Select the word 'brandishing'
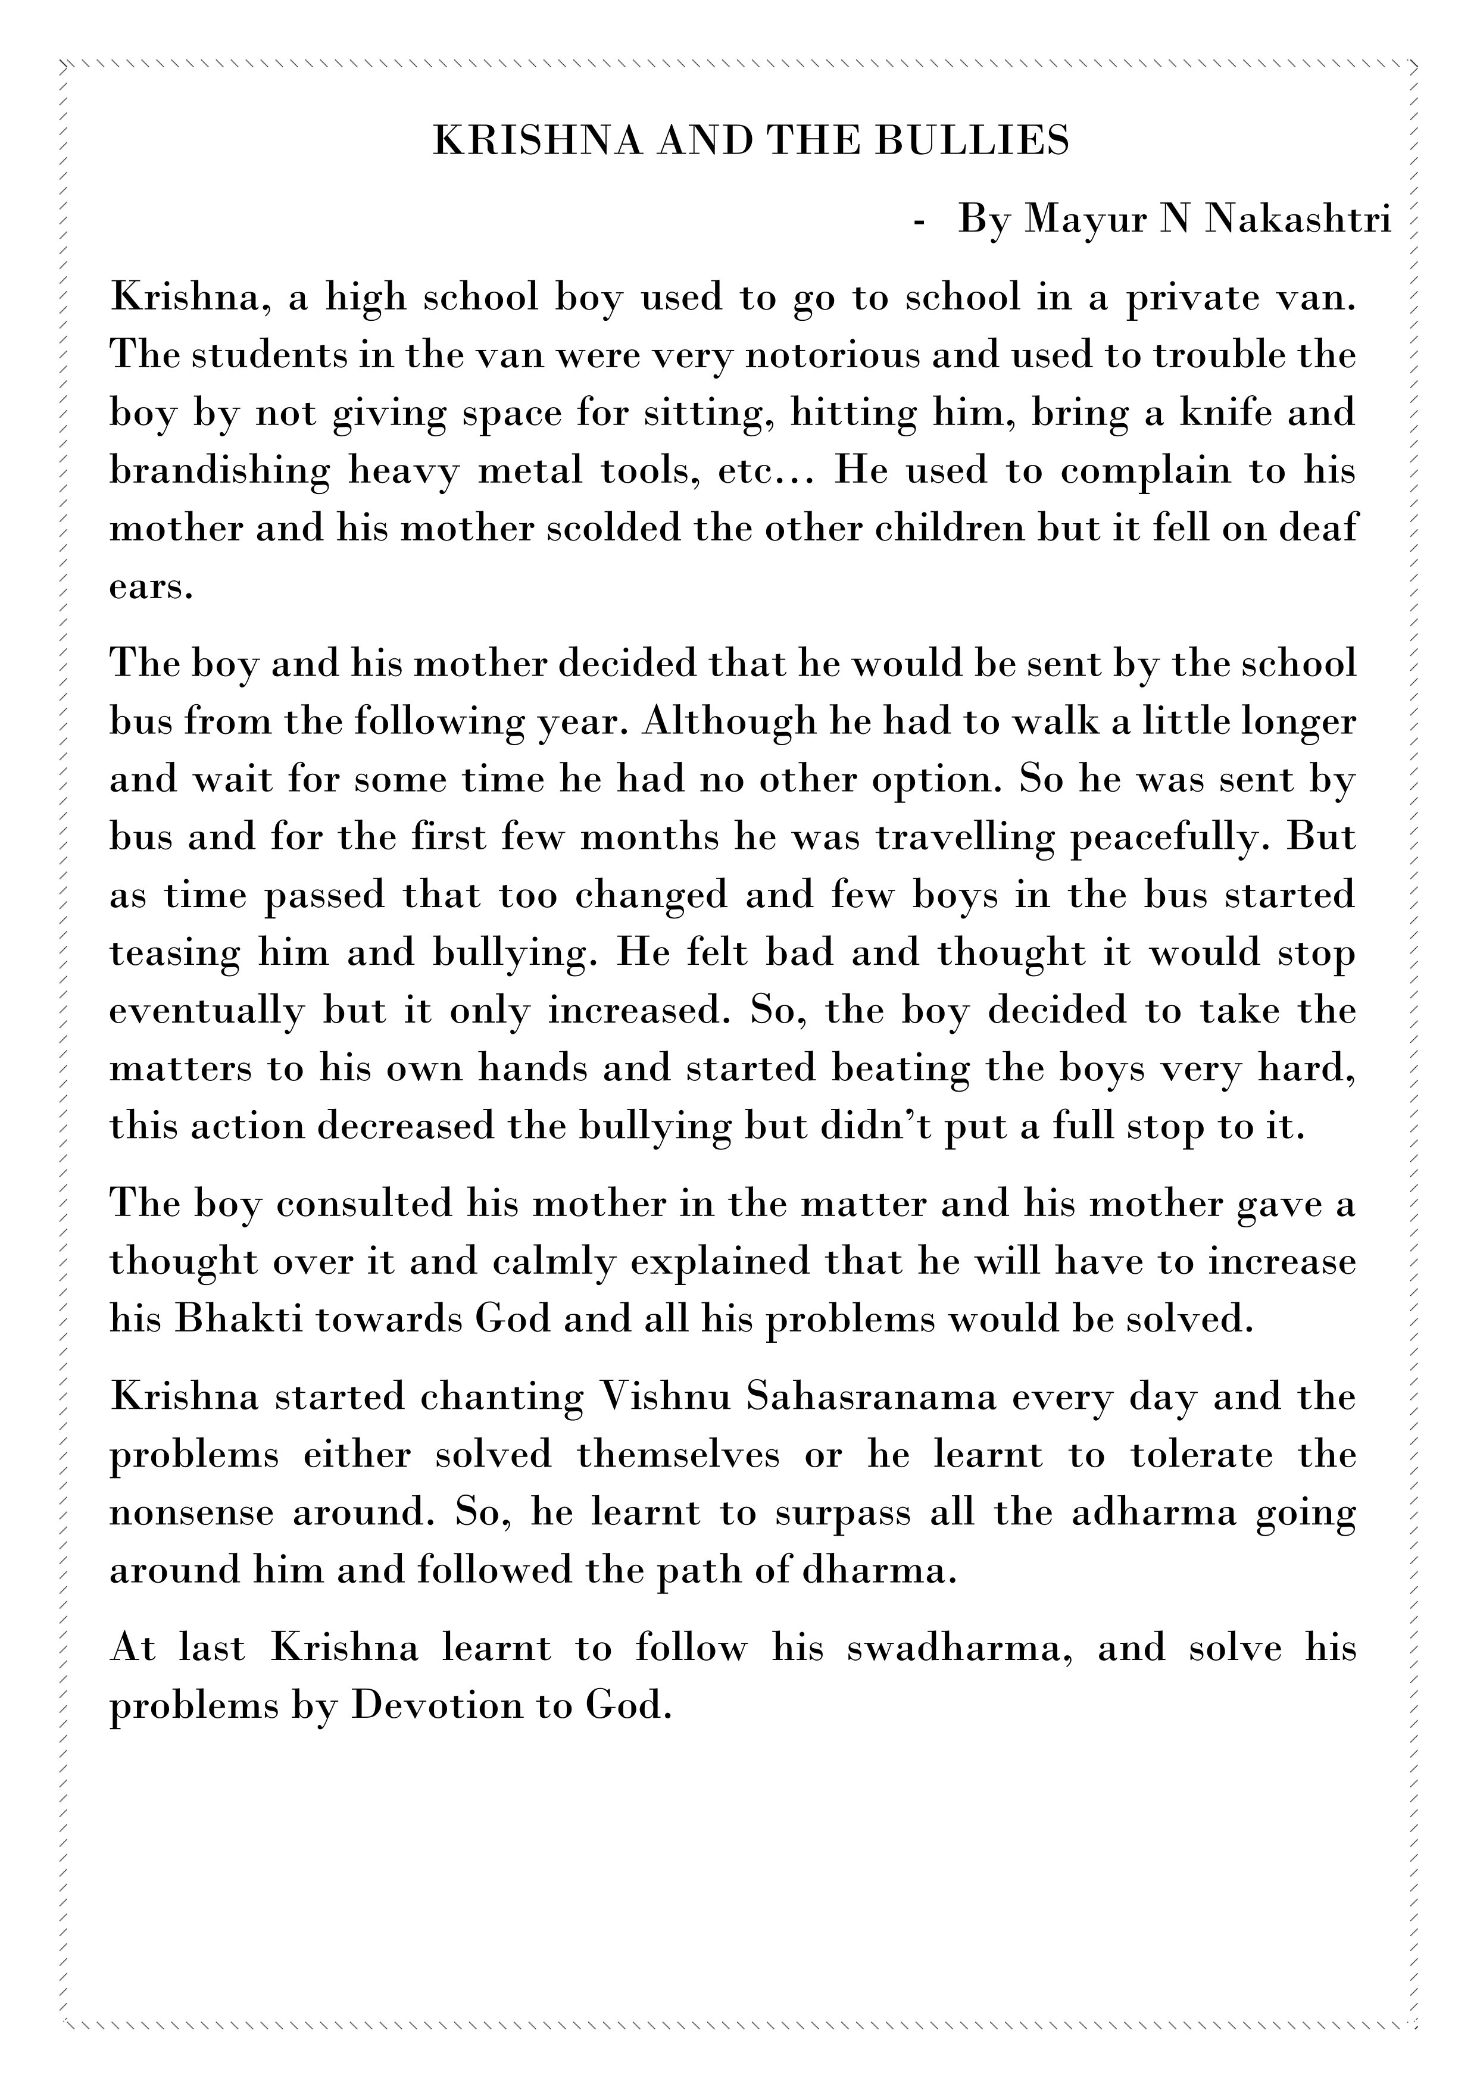pos(219,471)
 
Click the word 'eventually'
pos(205,1011)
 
